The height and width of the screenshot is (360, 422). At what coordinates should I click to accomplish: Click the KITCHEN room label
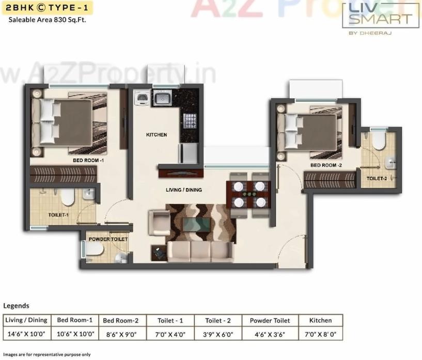[157, 135]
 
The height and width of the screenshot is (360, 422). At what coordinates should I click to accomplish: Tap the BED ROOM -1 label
[88, 161]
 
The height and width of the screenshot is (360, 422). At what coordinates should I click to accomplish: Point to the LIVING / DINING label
[183, 190]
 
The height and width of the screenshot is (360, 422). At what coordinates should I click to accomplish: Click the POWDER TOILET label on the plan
[108, 239]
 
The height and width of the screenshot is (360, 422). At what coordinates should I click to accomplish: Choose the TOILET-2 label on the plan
[377, 179]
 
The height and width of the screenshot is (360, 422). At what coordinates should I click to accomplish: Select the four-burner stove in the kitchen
[190, 120]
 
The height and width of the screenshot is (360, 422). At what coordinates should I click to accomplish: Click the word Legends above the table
[16, 306]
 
